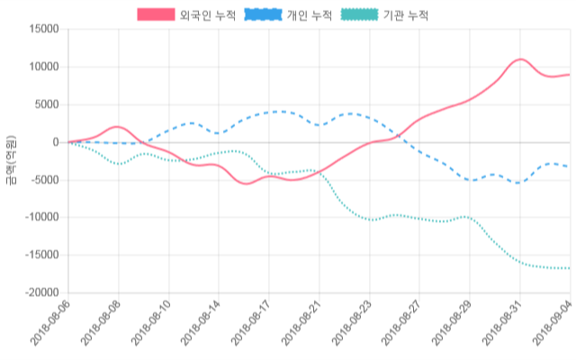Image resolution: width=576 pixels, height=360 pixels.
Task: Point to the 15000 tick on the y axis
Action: tap(43, 29)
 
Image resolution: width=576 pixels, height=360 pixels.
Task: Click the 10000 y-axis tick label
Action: tap(43, 67)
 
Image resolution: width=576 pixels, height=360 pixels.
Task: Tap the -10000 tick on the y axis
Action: tap(40, 218)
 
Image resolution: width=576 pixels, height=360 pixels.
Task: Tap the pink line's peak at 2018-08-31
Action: tap(519, 59)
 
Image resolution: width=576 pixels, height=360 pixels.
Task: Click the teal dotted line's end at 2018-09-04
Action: tap(569, 268)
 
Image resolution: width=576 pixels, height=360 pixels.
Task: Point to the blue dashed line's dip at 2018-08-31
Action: tap(518, 183)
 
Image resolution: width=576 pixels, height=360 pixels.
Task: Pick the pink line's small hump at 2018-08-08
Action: tap(119, 127)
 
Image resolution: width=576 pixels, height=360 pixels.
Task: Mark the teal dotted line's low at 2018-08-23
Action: tap(369, 220)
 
